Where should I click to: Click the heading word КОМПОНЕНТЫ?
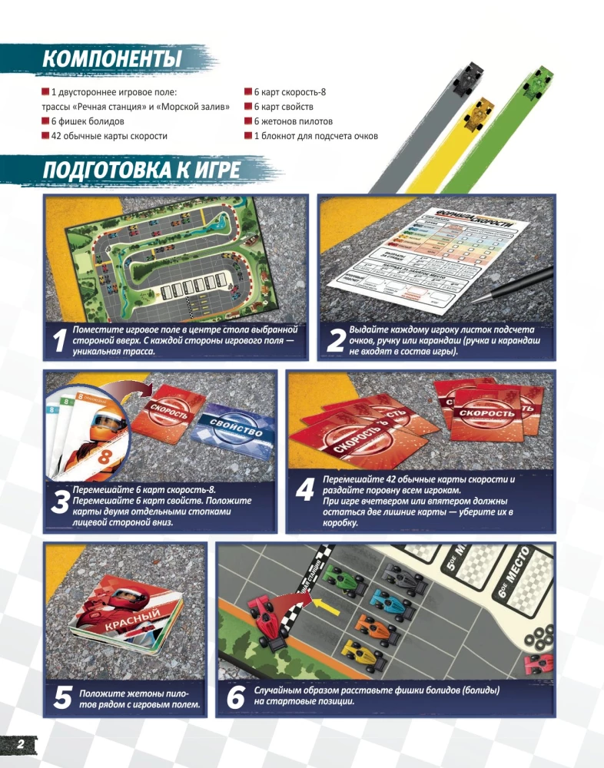111,58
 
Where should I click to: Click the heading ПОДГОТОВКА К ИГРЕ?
142,170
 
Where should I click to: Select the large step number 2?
334,343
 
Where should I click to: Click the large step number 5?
62,697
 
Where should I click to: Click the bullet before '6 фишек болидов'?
45,121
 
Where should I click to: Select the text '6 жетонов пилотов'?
293,121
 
